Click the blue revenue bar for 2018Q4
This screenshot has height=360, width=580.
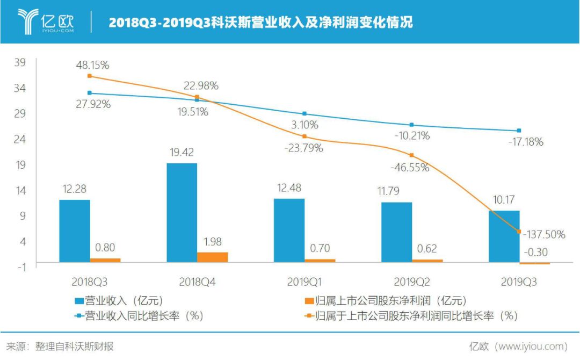pyautogui.click(x=182, y=212)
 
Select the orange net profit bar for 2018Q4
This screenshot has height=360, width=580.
pyautogui.click(x=213, y=257)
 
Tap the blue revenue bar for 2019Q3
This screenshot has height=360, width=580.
pyautogui.click(x=504, y=236)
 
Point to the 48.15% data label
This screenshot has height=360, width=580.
pyautogui.click(x=92, y=65)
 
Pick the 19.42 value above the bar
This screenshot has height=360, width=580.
pyautogui.click(x=182, y=153)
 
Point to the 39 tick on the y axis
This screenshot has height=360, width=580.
pyautogui.click(x=20, y=62)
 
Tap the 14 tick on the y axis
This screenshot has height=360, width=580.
pyautogui.click(x=20, y=190)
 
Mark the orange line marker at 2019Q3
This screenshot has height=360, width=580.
pyautogui.click(x=519, y=232)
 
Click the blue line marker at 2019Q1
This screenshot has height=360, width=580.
pyautogui.click(x=305, y=114)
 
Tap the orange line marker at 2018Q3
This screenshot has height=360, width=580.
pyautogui.click(x=90, y=76)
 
